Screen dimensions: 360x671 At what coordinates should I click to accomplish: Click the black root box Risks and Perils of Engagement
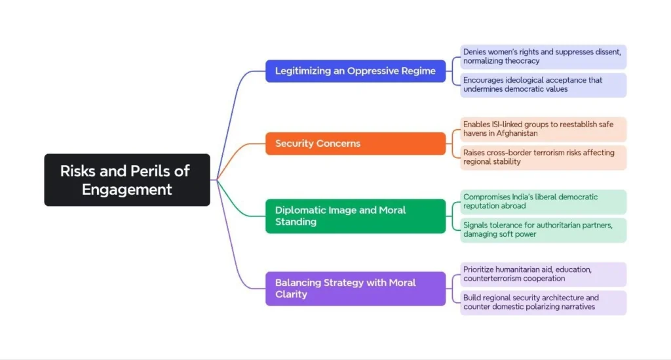pyautogui.click(x=127, y=180)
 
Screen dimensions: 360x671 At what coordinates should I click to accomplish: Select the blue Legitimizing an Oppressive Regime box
pyautogui.click(x=355, y=71)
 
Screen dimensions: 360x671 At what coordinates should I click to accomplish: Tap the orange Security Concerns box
pyautogui.click(x=355, y=144)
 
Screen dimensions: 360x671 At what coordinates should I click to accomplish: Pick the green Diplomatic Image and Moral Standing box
pyautogui.click(x=355, y=216)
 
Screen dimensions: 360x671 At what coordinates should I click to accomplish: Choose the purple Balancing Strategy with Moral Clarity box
pyautogui.click(x=355, y=289)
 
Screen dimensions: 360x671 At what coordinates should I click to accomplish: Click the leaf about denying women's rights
pyautogui.click(x=543, y=56)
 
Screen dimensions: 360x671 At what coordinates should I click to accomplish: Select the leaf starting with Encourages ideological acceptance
pyautogui.click(x=543, y=85)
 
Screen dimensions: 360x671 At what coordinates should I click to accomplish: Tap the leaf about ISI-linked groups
pyautogui.click(x=543, y=129)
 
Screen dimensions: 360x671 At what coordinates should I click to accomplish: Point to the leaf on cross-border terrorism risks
pyautogui.click(x=543, y=157)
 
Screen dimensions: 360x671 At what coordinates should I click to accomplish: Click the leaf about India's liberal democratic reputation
pyautogui.click(x=543, y=201)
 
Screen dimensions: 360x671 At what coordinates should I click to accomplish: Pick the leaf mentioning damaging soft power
pyautogui.click(x=543, y=230)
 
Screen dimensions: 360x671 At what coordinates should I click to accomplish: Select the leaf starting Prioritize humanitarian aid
pyautogui.click(x=543, y=274)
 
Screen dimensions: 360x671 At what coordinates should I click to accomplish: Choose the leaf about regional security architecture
pyautogui.click(x=543, y=302)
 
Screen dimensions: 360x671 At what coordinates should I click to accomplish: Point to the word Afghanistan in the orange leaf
pyautogui.click(x=515, y=134)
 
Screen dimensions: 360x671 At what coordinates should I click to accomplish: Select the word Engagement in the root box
pyautogui.click(x=127, y=190)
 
